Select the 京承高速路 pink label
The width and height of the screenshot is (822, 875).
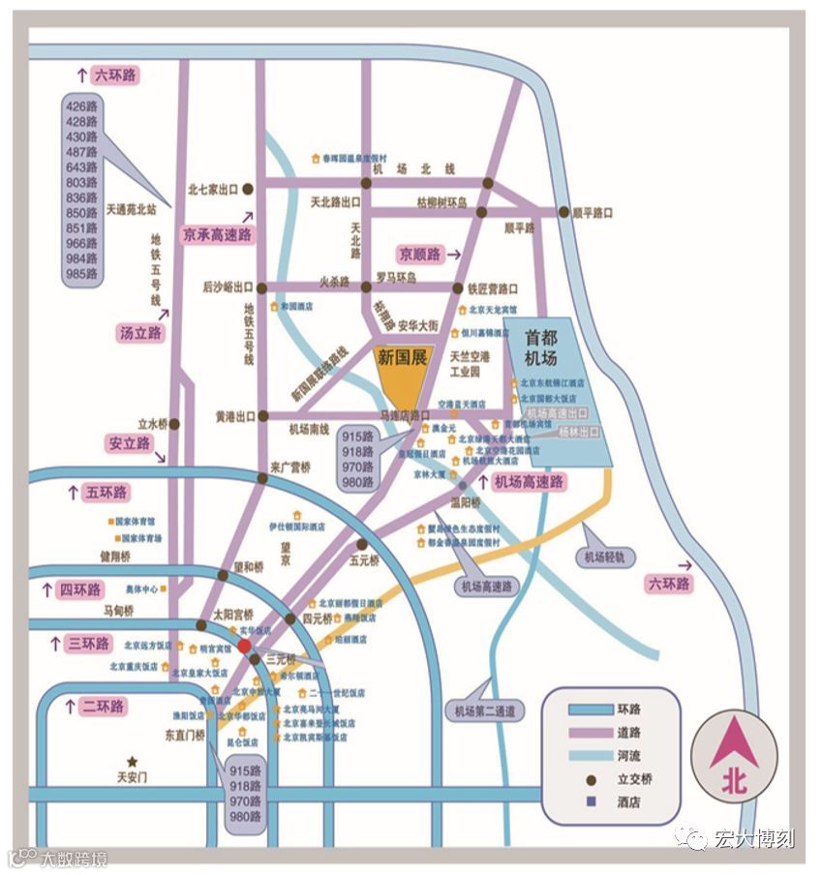point(218,234)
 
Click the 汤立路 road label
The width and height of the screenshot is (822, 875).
point(141,333)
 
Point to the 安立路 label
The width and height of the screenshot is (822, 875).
point(129,443)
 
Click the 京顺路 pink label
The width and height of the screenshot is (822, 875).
point(419,254)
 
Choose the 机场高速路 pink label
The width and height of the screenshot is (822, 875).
point(529,481)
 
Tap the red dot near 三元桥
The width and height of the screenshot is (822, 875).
point(244,646)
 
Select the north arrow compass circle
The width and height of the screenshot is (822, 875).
point(733,759)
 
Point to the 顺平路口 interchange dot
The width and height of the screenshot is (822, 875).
point(563,212)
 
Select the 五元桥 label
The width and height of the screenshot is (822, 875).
point(365,558)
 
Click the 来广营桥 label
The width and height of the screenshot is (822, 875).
point(290,466)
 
